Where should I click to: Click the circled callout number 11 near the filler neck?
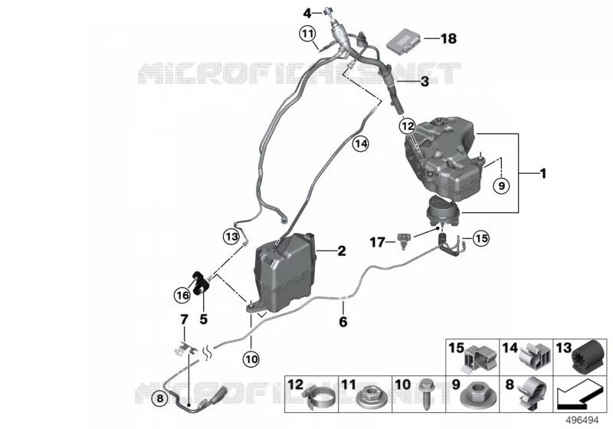(308, 34)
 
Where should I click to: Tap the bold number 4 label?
(307, 14)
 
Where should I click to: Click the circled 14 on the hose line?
(360, 144)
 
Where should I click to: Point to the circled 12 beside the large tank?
(407, 126)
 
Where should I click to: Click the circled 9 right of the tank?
(502, 185)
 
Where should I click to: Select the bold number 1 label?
(543, 173)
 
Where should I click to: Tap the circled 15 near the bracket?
(481, 238)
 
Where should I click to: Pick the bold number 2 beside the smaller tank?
(341, 251)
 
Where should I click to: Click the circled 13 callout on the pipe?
(231, 237)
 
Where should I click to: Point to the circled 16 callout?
(182, 295)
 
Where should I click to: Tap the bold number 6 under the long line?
(343, 322)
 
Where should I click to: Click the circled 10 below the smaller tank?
(251, 359)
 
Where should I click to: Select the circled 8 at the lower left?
(159, 399)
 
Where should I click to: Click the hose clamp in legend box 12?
(319, 398)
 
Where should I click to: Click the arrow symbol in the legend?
(579, 396)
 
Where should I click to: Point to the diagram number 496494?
(582, 421)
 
